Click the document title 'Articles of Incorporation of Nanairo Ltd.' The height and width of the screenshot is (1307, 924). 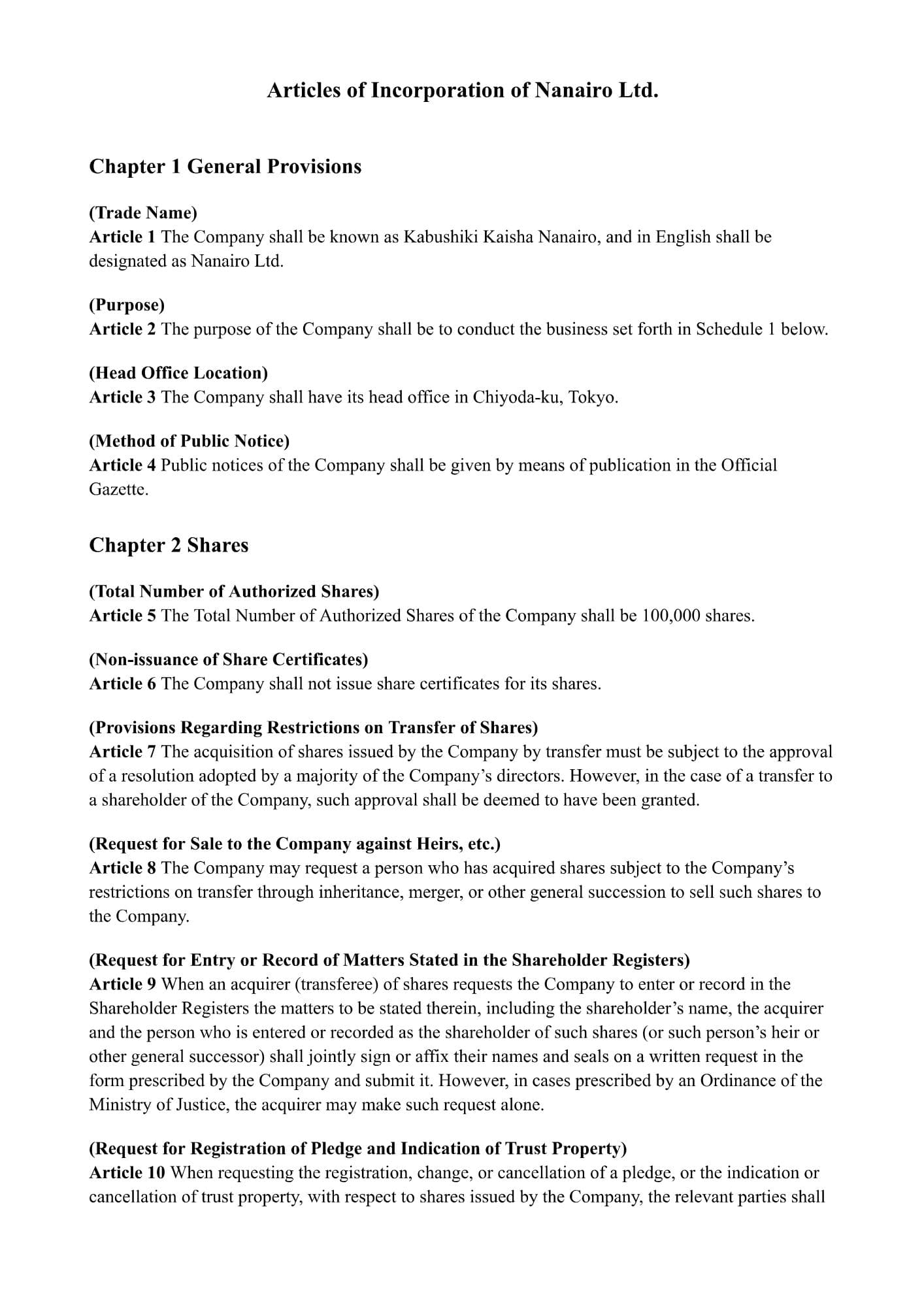[462, 90]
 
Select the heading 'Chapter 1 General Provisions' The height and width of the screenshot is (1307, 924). [225, 167]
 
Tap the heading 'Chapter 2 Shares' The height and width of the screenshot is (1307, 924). [169, 545]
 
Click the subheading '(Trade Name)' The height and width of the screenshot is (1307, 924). [143, 212]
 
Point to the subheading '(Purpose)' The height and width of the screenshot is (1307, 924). [127, 305]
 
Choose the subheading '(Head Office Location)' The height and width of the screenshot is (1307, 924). [178, 372]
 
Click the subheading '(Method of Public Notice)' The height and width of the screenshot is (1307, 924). [189, 441]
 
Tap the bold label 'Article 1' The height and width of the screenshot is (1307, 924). [122, 237]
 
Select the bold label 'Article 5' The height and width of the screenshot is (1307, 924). [122, 616]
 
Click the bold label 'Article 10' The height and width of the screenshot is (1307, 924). [127, 1172]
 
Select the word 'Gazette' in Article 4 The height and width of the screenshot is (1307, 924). [118, 489]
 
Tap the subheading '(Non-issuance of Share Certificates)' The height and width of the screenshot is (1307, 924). [228, 659]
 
